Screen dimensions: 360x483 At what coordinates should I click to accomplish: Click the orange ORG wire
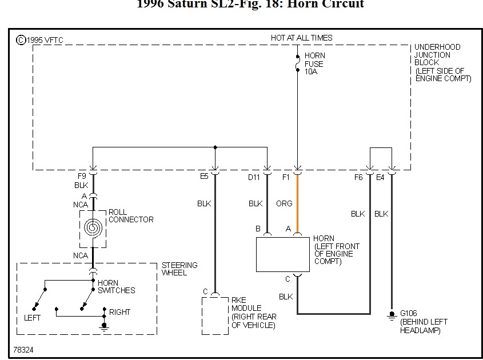click(x=297, y=203)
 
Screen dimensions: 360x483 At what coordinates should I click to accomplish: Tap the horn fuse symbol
click(x=297, y=63)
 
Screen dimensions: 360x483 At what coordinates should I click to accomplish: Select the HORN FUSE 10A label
click(x=314, y=64)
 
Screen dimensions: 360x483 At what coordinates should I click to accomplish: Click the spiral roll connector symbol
click(x=92, y=228)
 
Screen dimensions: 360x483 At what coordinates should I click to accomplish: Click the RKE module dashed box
click(x=214, y=316)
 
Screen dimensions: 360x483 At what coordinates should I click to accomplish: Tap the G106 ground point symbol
click(x=392, y=315)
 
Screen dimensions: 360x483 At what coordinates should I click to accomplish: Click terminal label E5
click(x=204, y=177)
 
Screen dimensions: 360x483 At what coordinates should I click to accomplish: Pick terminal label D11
click(x=254, y=177)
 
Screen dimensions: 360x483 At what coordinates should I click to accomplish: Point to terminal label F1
click(x=286, y=177)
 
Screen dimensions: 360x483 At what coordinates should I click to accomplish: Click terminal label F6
click(x=358, y=177)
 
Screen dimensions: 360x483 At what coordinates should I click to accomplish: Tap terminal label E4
click(x=380, y=177)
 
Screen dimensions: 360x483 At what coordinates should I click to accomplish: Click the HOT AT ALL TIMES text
click(x=301, y=38)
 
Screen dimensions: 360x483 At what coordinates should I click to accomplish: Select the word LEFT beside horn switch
click(x=32, y=318)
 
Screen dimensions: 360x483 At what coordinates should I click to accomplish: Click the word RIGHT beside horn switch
click(x=119, y=312)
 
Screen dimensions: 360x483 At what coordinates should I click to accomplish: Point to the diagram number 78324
click(x=24, y=349)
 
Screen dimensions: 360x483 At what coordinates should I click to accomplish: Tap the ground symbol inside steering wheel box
click(x=103, y=326)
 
